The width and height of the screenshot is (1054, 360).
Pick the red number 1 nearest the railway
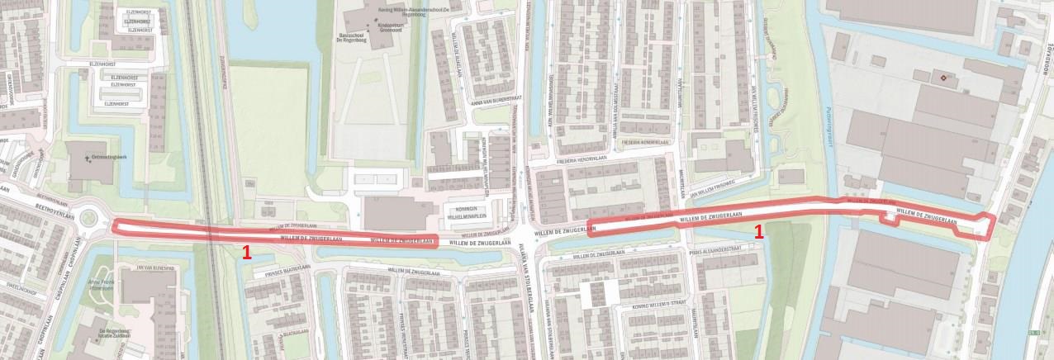246,253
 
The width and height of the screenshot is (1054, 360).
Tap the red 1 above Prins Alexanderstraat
758,234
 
